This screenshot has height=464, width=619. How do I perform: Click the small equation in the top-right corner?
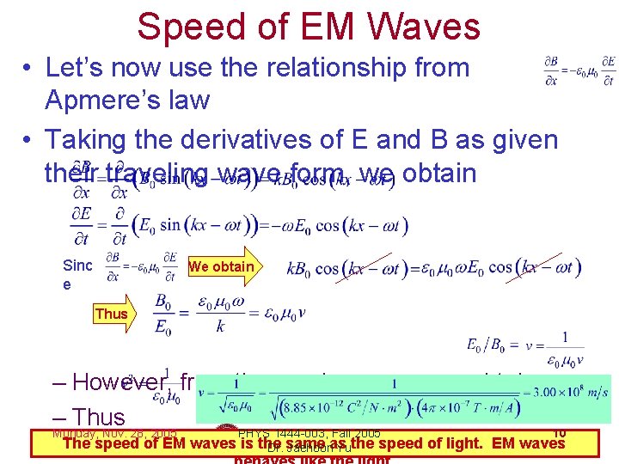pos(579,68)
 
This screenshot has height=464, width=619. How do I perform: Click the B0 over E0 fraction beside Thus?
pos(169,314)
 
